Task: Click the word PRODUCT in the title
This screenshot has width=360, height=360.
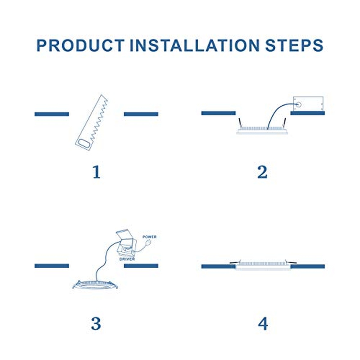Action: pos(80,45)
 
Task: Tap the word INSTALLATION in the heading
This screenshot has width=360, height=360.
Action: pos(195,45)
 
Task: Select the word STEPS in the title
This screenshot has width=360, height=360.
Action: pos(294,45)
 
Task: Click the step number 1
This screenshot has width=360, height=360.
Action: pos(96,172)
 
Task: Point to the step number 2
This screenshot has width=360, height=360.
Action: pos(262,172)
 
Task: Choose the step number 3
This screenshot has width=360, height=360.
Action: pos(96,323)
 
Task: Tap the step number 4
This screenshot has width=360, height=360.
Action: pos(263,323)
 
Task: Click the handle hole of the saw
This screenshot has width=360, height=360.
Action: pos(84,144)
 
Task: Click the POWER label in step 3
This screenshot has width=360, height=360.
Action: pos(149,237)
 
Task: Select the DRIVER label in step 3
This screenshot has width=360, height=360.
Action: pos(127,259)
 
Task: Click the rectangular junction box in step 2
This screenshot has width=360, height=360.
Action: pos(308,104)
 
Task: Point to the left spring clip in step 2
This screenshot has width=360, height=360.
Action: pos(240,122)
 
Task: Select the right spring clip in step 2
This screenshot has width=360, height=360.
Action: pos(284,122)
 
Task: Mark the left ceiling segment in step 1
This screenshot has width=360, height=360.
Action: pos(52,114)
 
